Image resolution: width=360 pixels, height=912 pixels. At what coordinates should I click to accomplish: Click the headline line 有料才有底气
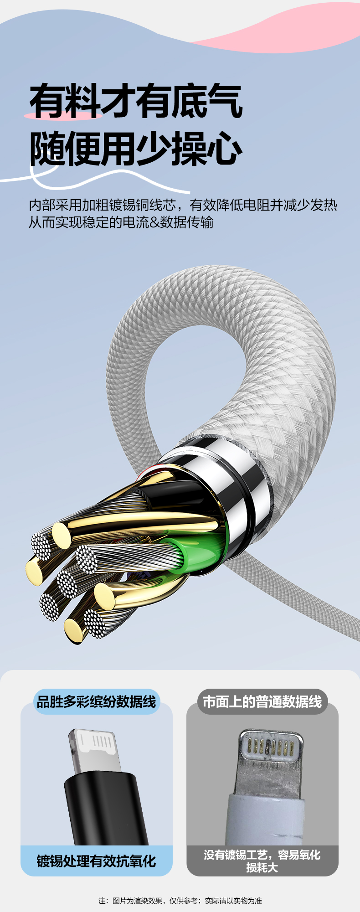click(136, 101)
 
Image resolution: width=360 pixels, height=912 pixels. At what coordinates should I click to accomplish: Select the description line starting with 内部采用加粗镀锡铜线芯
click(183, 205)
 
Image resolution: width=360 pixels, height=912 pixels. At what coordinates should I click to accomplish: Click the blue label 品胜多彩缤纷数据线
click(97, 701)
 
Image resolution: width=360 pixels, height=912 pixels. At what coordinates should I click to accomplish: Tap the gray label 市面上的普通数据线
click(262, 701)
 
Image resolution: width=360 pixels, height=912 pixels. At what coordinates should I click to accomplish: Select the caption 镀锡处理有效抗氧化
click(97, 861)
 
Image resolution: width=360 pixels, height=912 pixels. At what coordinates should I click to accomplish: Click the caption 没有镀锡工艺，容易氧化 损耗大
click(262, 861)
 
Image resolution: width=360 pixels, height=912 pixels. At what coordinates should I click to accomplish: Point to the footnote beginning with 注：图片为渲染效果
click(180, 901)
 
